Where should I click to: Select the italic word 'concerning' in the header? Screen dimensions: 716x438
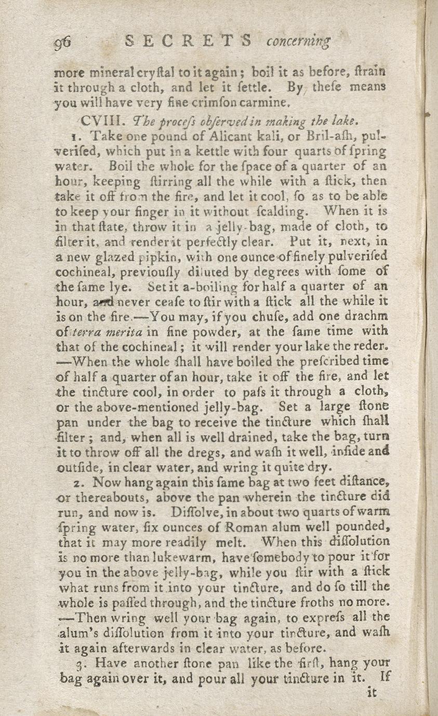coord(298,42)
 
